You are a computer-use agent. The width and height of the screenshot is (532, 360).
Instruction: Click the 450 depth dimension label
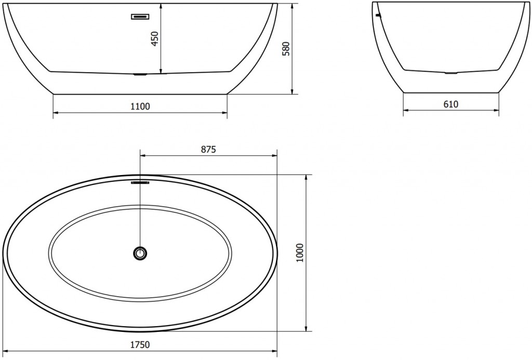tap(154, 38)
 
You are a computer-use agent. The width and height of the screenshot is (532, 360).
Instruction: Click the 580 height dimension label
tap(285, 48)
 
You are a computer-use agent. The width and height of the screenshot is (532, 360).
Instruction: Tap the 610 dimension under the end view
tap(451, 104)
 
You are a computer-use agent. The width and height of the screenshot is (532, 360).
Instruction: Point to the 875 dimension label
tap(208, 149)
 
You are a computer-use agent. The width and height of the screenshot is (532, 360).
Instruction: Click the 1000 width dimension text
tap(299, 253)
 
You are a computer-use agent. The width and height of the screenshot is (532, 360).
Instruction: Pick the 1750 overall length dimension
tap(140, 344)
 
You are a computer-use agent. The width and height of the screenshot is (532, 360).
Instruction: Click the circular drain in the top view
tap(140, 253)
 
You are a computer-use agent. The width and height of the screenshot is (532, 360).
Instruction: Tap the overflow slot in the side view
tap(140, 17)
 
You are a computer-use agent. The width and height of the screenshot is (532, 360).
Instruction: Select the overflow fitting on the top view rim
tap(140, 182)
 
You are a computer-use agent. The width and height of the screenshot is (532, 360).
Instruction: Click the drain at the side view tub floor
tap(140, 74)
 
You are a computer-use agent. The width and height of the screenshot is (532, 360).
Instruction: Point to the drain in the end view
tap(451, 72)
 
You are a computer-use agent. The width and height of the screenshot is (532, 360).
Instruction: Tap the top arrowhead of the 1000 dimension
tap(307, 177)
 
